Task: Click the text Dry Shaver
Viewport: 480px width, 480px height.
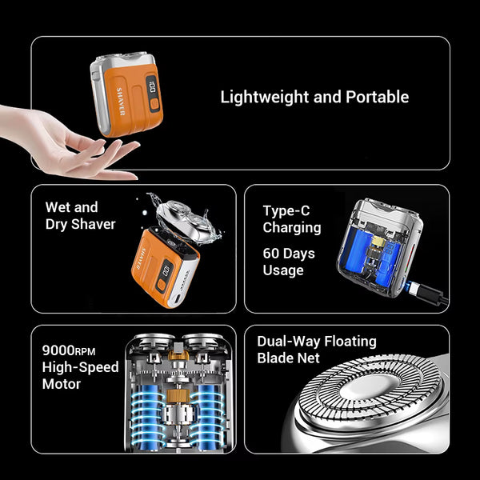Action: pos(80,225)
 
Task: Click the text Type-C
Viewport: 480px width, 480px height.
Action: pos(286,211)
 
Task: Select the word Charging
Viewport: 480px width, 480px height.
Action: pos(292,228)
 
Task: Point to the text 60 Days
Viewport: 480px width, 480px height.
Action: pos(289,254)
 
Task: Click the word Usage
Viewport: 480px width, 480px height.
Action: pos(283,270)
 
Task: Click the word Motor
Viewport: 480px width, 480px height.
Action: pos(61,384)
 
